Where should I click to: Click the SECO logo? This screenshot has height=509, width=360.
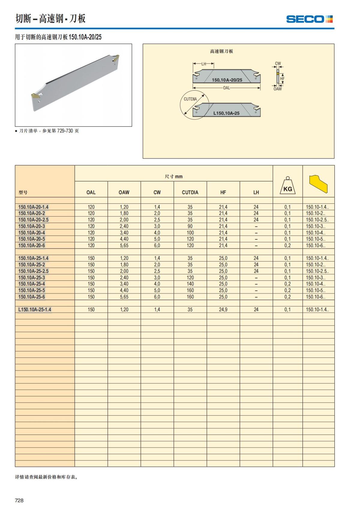309,19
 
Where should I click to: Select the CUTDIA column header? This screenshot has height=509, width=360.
190,193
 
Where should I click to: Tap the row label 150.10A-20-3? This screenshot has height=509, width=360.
31,226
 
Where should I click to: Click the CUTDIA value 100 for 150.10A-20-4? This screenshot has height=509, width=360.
190,233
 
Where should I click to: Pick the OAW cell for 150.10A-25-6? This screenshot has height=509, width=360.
124,297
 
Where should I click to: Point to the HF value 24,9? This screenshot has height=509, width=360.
223,310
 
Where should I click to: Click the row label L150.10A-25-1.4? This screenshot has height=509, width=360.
34,310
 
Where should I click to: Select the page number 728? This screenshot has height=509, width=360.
19,500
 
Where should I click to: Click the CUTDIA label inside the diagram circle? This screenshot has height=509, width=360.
190,99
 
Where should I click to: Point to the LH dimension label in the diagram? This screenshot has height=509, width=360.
204,64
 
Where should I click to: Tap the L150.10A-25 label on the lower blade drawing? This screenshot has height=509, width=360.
226,113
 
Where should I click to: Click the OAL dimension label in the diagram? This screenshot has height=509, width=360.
226,88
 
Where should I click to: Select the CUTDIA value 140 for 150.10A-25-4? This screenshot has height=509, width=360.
190,284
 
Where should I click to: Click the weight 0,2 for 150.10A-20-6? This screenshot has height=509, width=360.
287,246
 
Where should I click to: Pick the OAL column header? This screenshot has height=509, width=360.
91,193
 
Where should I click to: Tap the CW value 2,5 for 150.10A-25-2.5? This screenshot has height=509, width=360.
157,271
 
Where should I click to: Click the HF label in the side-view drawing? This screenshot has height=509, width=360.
282,79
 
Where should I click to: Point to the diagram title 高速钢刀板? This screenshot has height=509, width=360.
221,51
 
